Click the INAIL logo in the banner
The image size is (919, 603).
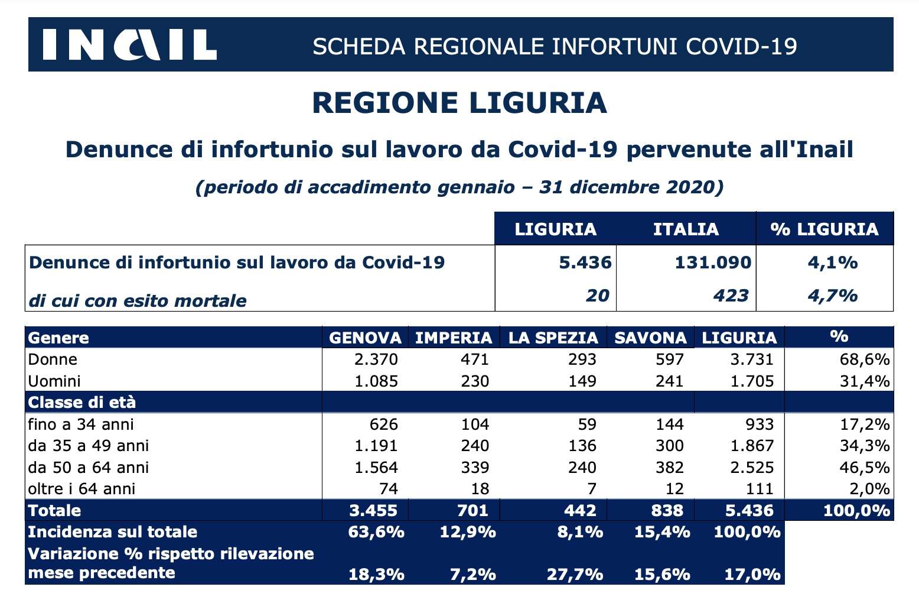pyautogui.click(x=130, y=45)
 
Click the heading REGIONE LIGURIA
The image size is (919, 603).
pyautogui.click(x=459, y=103)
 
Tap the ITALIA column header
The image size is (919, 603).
pyautogui.click(x=686, y=229)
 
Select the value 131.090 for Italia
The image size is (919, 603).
pyautogui.click(x=713, y=262)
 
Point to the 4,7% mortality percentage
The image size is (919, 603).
pyautogui.click(x=832, y=296)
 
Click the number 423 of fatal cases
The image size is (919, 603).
pyautogui.click(x=731, y=296)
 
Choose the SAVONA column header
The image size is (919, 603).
pyautogui.click(x=651, y=338)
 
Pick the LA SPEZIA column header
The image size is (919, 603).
pyautogui.click(x=553, y=338)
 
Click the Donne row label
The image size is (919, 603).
pyautogui.click(x=53, y=359)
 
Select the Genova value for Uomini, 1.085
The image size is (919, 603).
pyautogui.click(x=376, y=381)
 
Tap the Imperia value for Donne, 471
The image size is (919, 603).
pyautogui.click(x=475, y=359)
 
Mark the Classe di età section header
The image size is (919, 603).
pyautogui.click(x=82, y=403)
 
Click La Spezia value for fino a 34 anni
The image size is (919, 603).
pyautogui.click(x=587, y=424)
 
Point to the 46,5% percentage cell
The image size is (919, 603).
pyautogui.click(x=865, y=468)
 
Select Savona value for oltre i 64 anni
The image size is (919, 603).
pyautogui.click(x=675, y=489)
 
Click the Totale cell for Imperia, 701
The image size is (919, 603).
pyautogui.click(x=472, y=511)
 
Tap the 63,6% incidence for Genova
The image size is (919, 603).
pyautogui.click(x=376, y=532)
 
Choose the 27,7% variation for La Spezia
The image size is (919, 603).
pyautogui.click(x=575, y=574)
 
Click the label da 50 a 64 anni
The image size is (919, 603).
pyautogui.click(x=88, y=468)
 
